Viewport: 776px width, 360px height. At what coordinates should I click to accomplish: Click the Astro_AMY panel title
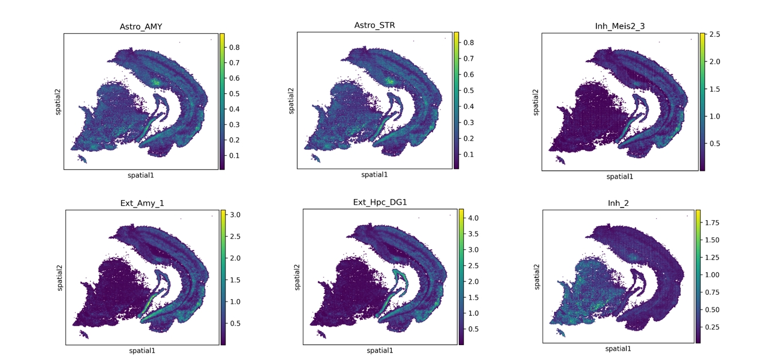[x=141, y=26]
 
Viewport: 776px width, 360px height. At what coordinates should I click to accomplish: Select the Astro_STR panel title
[x=375, y=25]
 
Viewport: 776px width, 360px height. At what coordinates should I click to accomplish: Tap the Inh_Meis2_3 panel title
[x=619, y=26]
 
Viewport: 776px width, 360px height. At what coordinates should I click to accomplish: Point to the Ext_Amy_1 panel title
[x=142, y=202]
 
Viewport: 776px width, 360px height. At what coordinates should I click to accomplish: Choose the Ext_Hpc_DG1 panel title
[x=380, y=202]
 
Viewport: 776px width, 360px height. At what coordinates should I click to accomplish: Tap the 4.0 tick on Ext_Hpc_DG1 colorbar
[x=473, y=218]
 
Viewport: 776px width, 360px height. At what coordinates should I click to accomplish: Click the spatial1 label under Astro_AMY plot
[x=141, y=175]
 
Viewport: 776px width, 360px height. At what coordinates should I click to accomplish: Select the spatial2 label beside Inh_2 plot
[x=537, y=276]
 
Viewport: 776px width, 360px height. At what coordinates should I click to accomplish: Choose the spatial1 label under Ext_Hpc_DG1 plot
[x=380, y=350]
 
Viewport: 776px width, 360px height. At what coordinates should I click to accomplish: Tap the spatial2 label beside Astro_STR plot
[x=290, y=100]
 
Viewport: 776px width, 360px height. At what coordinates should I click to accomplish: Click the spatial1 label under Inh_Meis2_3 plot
[x=619, y=177]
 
